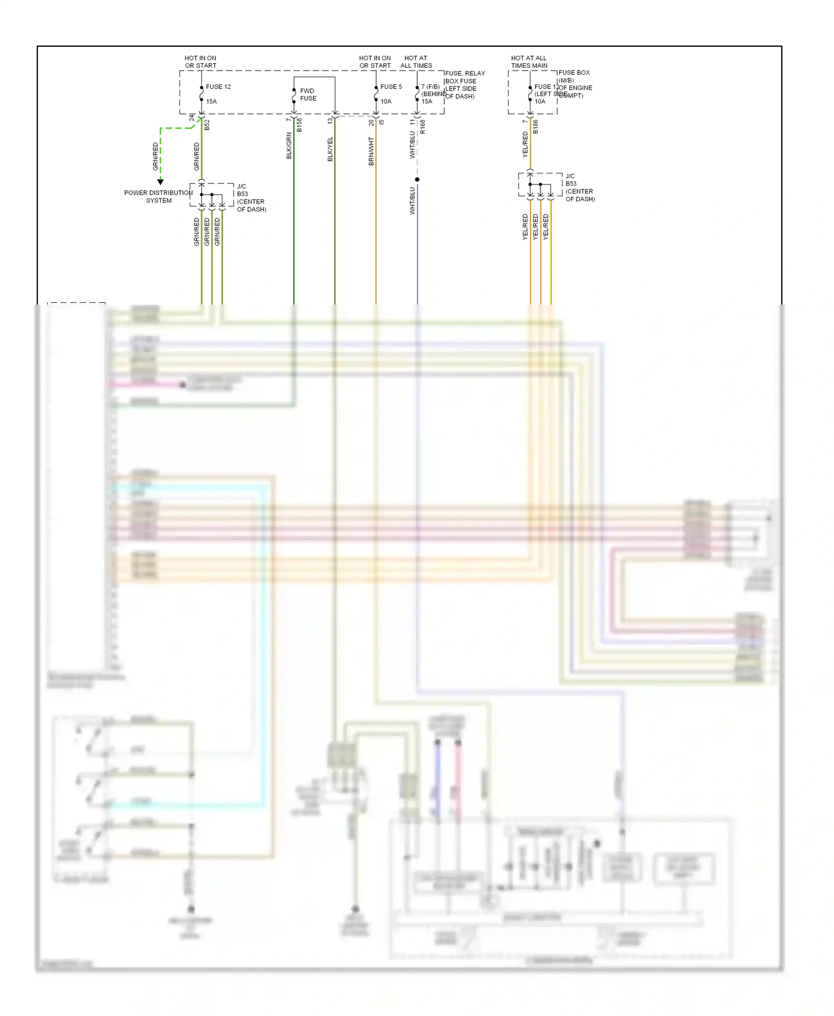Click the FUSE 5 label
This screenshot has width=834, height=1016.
(391, 87)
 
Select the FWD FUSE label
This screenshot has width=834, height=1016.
(308, 94)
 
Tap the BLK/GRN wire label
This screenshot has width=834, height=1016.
(289, 146)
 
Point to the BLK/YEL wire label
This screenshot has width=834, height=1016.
(330, 149)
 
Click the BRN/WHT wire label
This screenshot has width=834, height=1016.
(371, 151)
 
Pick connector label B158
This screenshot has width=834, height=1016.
(299, 124)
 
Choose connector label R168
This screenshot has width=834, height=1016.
(423, 127)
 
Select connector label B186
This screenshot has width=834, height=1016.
(535, 127)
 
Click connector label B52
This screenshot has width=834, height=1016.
(207, 125)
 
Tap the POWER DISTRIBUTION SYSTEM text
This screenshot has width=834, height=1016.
(158, 197)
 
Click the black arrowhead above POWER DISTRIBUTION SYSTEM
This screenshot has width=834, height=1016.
(161, 182)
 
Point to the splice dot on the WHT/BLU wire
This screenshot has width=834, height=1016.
(417, 180)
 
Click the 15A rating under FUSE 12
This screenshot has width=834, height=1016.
(211, 102)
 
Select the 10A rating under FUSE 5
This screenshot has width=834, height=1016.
(386, 102)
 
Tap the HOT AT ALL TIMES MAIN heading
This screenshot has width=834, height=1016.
(529, 62)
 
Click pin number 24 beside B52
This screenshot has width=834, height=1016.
(192, 118)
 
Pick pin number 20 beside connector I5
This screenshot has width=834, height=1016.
(371, 122)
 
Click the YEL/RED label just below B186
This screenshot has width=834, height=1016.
(525, 145)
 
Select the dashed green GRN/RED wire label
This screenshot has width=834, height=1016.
(156, 157)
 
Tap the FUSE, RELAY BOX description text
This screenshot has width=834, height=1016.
(464, 84)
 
